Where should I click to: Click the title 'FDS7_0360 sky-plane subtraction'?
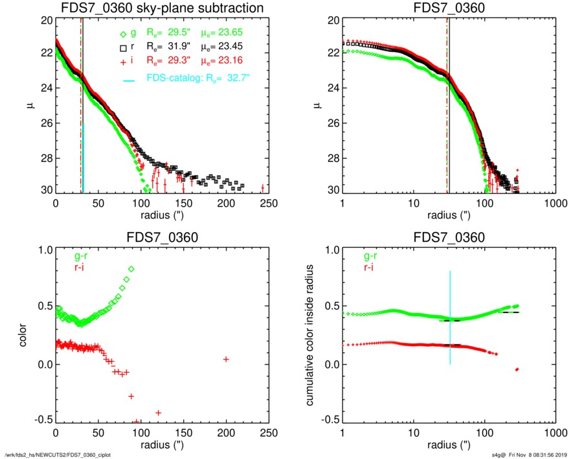(x=162, y=8)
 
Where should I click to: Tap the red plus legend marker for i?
(x=124, y=62)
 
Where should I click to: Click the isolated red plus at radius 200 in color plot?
(x=226, y=359)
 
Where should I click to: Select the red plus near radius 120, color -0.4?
(x=158, y=412)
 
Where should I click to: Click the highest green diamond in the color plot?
(x=131, y=269)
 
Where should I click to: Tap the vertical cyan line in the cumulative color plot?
(x=450, y=318)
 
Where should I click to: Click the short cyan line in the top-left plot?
(x=84, y=156)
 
